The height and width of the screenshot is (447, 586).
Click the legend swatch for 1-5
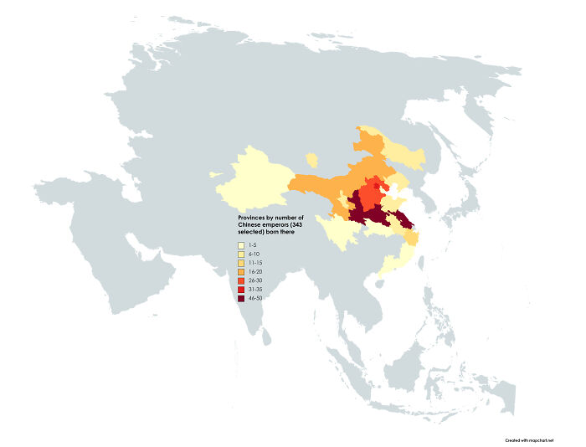[241, 244]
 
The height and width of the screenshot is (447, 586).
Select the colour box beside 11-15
[241, 263]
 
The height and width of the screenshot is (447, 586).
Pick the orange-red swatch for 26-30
[241, 280]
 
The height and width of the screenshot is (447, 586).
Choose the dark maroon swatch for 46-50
[241, 298]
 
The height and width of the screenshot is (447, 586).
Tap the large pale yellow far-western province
[255, 177]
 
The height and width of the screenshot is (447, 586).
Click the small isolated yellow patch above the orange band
[312, 158]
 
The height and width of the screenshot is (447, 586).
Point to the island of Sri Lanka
[266, 335]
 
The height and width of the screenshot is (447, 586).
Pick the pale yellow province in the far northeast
[406, 152]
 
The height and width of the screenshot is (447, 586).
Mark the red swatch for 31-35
[241, 289]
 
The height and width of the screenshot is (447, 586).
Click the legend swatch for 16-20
[241, 271]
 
